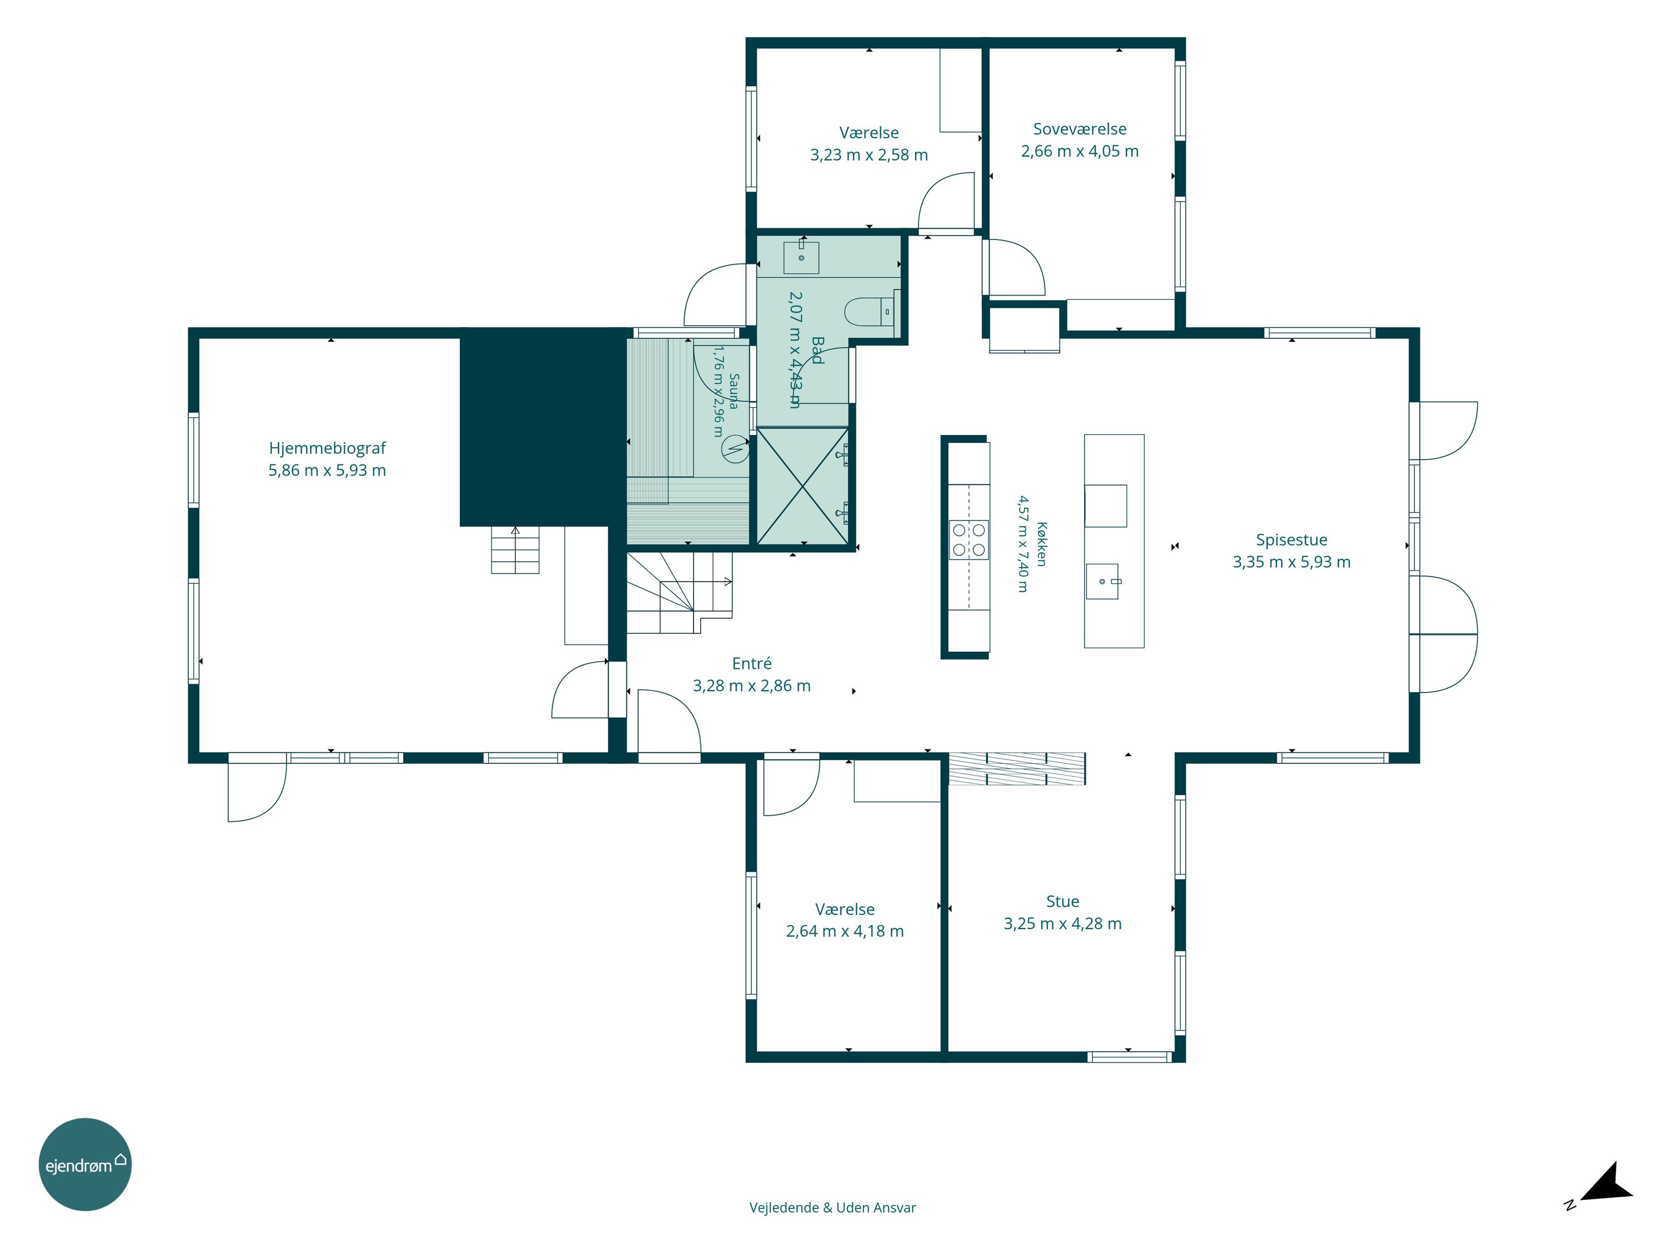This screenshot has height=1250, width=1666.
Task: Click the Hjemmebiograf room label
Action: pos(327,448)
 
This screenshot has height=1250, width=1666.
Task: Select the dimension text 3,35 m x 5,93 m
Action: pos(1291,562)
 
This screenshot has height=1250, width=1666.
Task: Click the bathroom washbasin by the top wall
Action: pos(801,256)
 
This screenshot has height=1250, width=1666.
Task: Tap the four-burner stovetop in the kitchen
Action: pos(969,539)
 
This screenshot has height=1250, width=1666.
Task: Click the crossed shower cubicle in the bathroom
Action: pos(803,486)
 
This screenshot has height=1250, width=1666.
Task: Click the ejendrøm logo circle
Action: pos(85,1164)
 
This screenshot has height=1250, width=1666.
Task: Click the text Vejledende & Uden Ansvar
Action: pos(832,1208)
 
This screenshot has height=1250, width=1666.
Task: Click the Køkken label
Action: pos(1042,543)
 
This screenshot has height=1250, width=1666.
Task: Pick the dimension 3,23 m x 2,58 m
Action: pos(869,155)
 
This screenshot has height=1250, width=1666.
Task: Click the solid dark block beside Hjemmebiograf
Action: pos(545,427)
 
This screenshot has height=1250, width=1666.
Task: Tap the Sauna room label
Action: pos(734,392)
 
